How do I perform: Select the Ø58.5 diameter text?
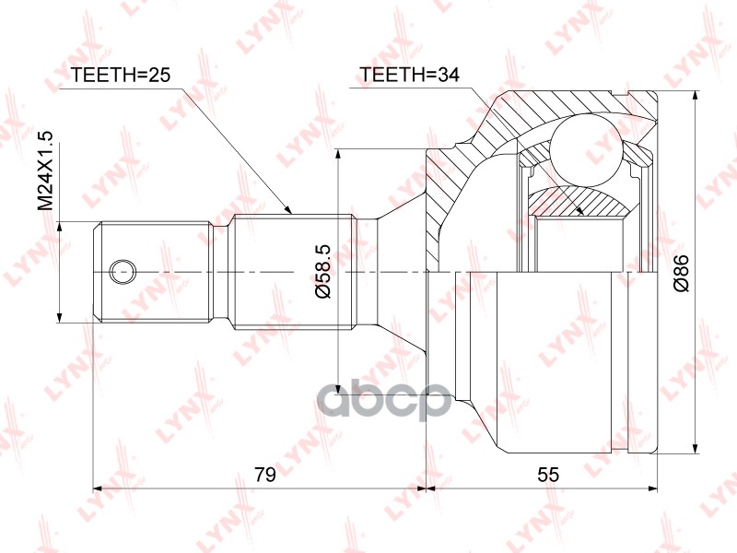point(322,272)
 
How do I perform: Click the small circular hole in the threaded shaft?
point(121,272)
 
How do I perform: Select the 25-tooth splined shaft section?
point(293,272)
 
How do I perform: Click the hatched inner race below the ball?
point(576,201)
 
